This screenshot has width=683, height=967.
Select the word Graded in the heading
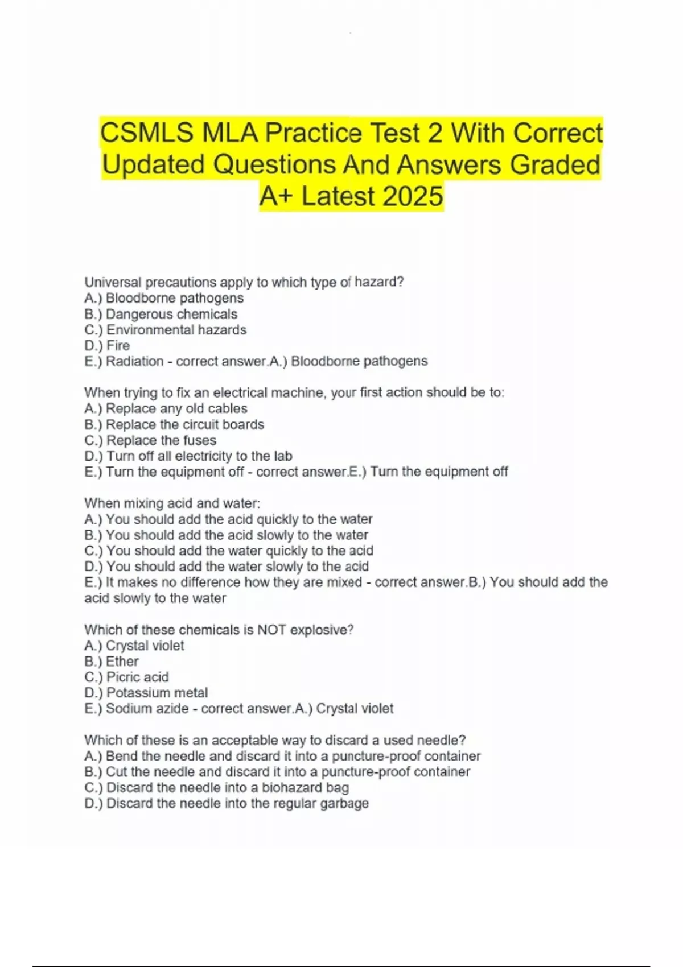click(x=555, y=165)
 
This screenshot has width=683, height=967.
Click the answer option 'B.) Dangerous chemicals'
click(x=161, y=314)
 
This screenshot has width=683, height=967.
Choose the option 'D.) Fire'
click(x=107, y=345)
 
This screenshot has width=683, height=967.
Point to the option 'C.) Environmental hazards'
click(x=165, y=330)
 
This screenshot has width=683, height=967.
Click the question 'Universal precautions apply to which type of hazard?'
click(x=244, y=282)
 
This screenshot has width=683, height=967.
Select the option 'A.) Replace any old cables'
click(x=166, y=408)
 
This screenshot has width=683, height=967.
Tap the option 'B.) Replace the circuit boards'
click(x=174, y=424)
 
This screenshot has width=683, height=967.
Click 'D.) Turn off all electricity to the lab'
click(x=188, y=456)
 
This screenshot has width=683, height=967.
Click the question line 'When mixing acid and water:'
click(x=172, y=503)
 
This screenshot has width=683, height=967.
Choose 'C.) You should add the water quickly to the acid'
click(x=229, y=551)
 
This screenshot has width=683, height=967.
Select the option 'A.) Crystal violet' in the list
click(x=134, y=646)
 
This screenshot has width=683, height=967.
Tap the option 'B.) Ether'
click(x=112, y=662)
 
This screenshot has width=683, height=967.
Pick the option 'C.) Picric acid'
click(x=126, y=677)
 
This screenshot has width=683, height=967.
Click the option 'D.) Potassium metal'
click(x=146, y=693)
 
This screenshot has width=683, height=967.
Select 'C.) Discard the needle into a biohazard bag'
click(x=216, y=788)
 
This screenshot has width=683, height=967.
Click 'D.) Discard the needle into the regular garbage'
click(x=227, y=804)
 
